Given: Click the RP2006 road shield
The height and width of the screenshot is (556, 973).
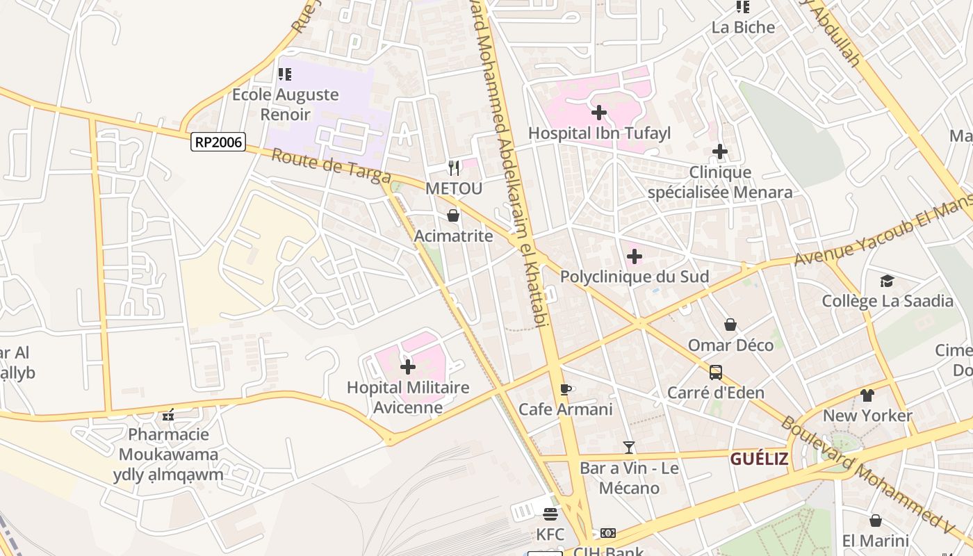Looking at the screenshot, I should pos(218,142).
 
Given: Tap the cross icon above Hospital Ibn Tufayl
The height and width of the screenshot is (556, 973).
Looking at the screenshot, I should pos(598,112).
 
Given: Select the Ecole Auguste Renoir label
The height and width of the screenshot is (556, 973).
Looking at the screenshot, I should pos(285,104).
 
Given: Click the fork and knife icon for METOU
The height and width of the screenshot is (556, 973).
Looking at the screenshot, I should pos(454,167).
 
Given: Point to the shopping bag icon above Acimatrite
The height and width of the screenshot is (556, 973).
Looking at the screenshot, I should pos(453,215).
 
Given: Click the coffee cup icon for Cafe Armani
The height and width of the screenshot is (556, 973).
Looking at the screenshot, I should pos(566,389).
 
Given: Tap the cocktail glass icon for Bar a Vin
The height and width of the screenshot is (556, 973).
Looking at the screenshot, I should pos(629,447).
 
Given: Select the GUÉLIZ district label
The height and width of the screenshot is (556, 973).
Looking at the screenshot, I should pos(759,459).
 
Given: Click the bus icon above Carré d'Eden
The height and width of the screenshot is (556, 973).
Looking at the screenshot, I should pos(716,373).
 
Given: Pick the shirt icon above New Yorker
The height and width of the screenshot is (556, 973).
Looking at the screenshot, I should pos(867,395).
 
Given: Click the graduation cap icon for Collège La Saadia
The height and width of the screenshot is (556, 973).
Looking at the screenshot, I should pos(887,281).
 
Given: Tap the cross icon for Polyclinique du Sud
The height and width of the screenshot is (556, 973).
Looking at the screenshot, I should pos(634,256).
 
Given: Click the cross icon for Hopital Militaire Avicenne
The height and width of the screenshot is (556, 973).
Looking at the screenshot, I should pos(408,366).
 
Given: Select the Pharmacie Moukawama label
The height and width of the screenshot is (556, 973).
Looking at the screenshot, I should pos(168,455).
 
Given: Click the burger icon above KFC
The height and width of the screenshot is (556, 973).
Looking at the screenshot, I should pos(550,514).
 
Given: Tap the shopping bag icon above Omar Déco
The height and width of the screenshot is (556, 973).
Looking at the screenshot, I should pos(730,325).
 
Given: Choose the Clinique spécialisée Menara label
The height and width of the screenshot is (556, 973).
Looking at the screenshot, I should pos(720,182).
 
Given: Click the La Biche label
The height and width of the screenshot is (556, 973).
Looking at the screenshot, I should pos(743,27).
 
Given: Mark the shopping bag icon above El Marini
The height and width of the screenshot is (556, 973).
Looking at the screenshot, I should pos(876,520).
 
